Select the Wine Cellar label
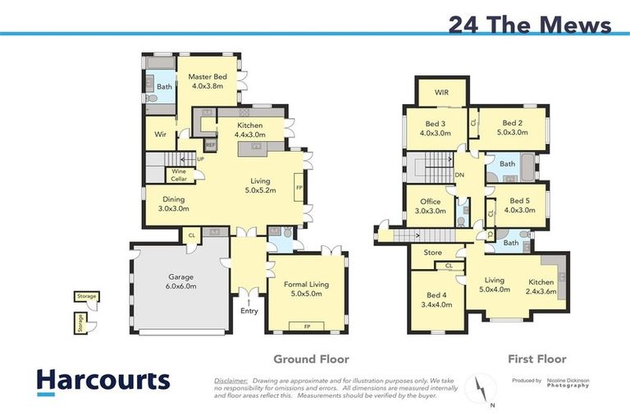[x=179, y=175]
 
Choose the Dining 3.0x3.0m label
[x=173, y=203]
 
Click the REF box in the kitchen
[x=211, y=145]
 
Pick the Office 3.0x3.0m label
[x=430, y=206]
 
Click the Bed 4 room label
[x=436, y=300]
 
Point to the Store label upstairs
[x=432, y=253]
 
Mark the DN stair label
[x=459, y=175]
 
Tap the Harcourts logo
[x=103, y=381]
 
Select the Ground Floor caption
[x=311, y=358]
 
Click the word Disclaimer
[x=232, y=380]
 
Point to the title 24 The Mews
[x=529, y=24]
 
